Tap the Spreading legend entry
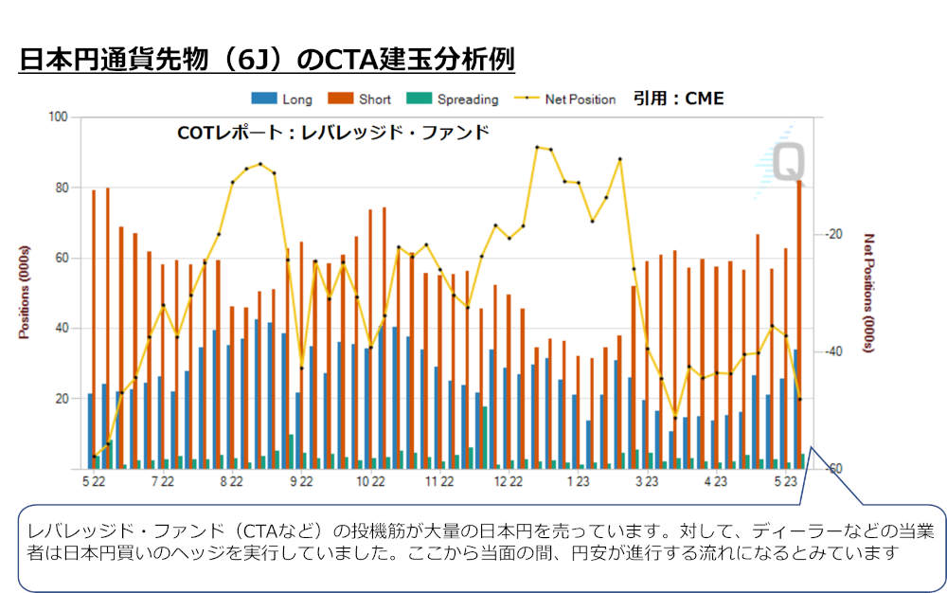tap(453, 99)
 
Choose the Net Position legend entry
tap(564, 99)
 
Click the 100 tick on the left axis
tap(60, 117)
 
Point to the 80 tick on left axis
tap(63, 188)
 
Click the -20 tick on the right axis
tap(832, 234)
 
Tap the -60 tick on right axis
tap(832, 469)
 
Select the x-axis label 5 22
tap(93, 482)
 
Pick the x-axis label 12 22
tap(508, 482)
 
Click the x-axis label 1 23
tap(577, 482)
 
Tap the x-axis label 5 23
tap(784, 482)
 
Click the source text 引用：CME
tap(678, 98)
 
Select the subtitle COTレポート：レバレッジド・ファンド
tap(333, 133)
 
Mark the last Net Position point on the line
tap(800, 399)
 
